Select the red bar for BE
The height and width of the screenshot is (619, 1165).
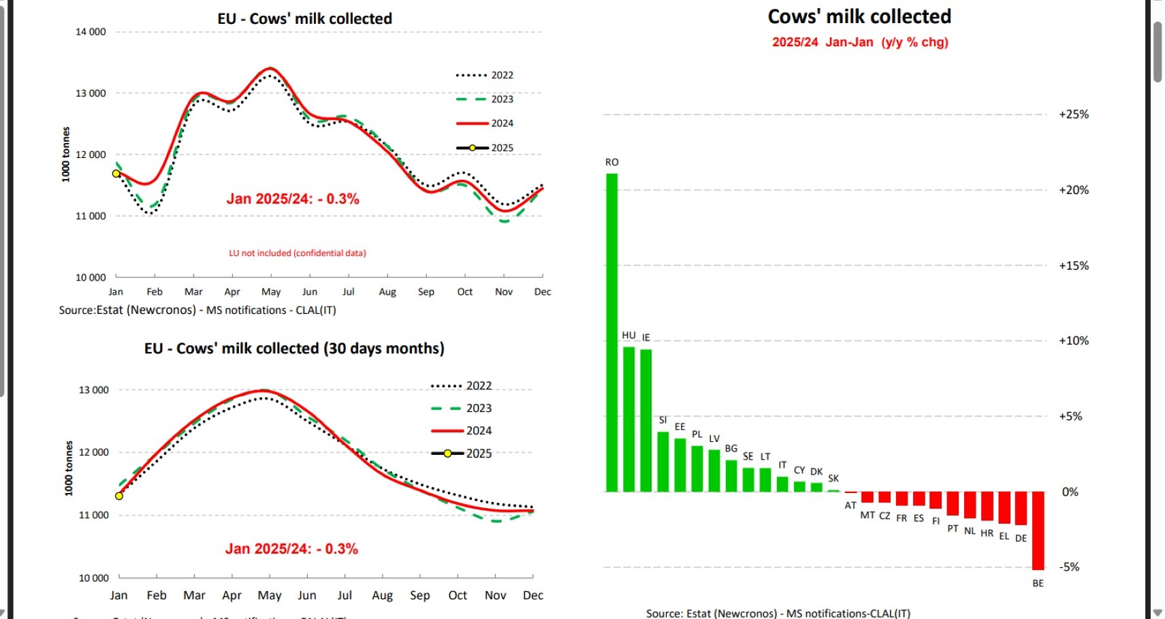pos(1038,530)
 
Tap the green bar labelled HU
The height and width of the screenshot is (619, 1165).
pos(628,419)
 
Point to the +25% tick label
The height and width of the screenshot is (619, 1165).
pos(1073,114)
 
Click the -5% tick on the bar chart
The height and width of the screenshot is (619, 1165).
pos(1069,567)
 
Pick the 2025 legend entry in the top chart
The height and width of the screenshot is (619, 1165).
pos(485,148)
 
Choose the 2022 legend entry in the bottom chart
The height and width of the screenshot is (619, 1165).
pos(461,385)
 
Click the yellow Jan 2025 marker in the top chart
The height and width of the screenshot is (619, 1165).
pos(116,174)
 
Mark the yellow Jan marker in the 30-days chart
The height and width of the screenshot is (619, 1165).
pos(119,496)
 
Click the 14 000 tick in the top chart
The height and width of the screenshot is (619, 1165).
pos(91,32)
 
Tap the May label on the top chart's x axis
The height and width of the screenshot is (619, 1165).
pos(271,291)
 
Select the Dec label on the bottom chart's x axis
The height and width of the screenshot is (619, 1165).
pos(532,595)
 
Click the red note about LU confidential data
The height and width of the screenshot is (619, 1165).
pos(298,253)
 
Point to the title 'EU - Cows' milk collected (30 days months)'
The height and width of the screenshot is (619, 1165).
pos(294,349)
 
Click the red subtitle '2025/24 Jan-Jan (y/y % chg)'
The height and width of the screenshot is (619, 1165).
pos(860,42)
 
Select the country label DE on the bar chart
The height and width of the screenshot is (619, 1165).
pos(1021,538)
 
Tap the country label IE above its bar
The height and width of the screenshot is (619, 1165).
pos(645,337)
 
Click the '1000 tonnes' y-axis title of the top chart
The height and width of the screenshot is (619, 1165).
pos(66,155)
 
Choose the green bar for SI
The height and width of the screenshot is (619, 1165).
pos(663,461)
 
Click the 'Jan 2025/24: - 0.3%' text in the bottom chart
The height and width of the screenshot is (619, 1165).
pos(291,549)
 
